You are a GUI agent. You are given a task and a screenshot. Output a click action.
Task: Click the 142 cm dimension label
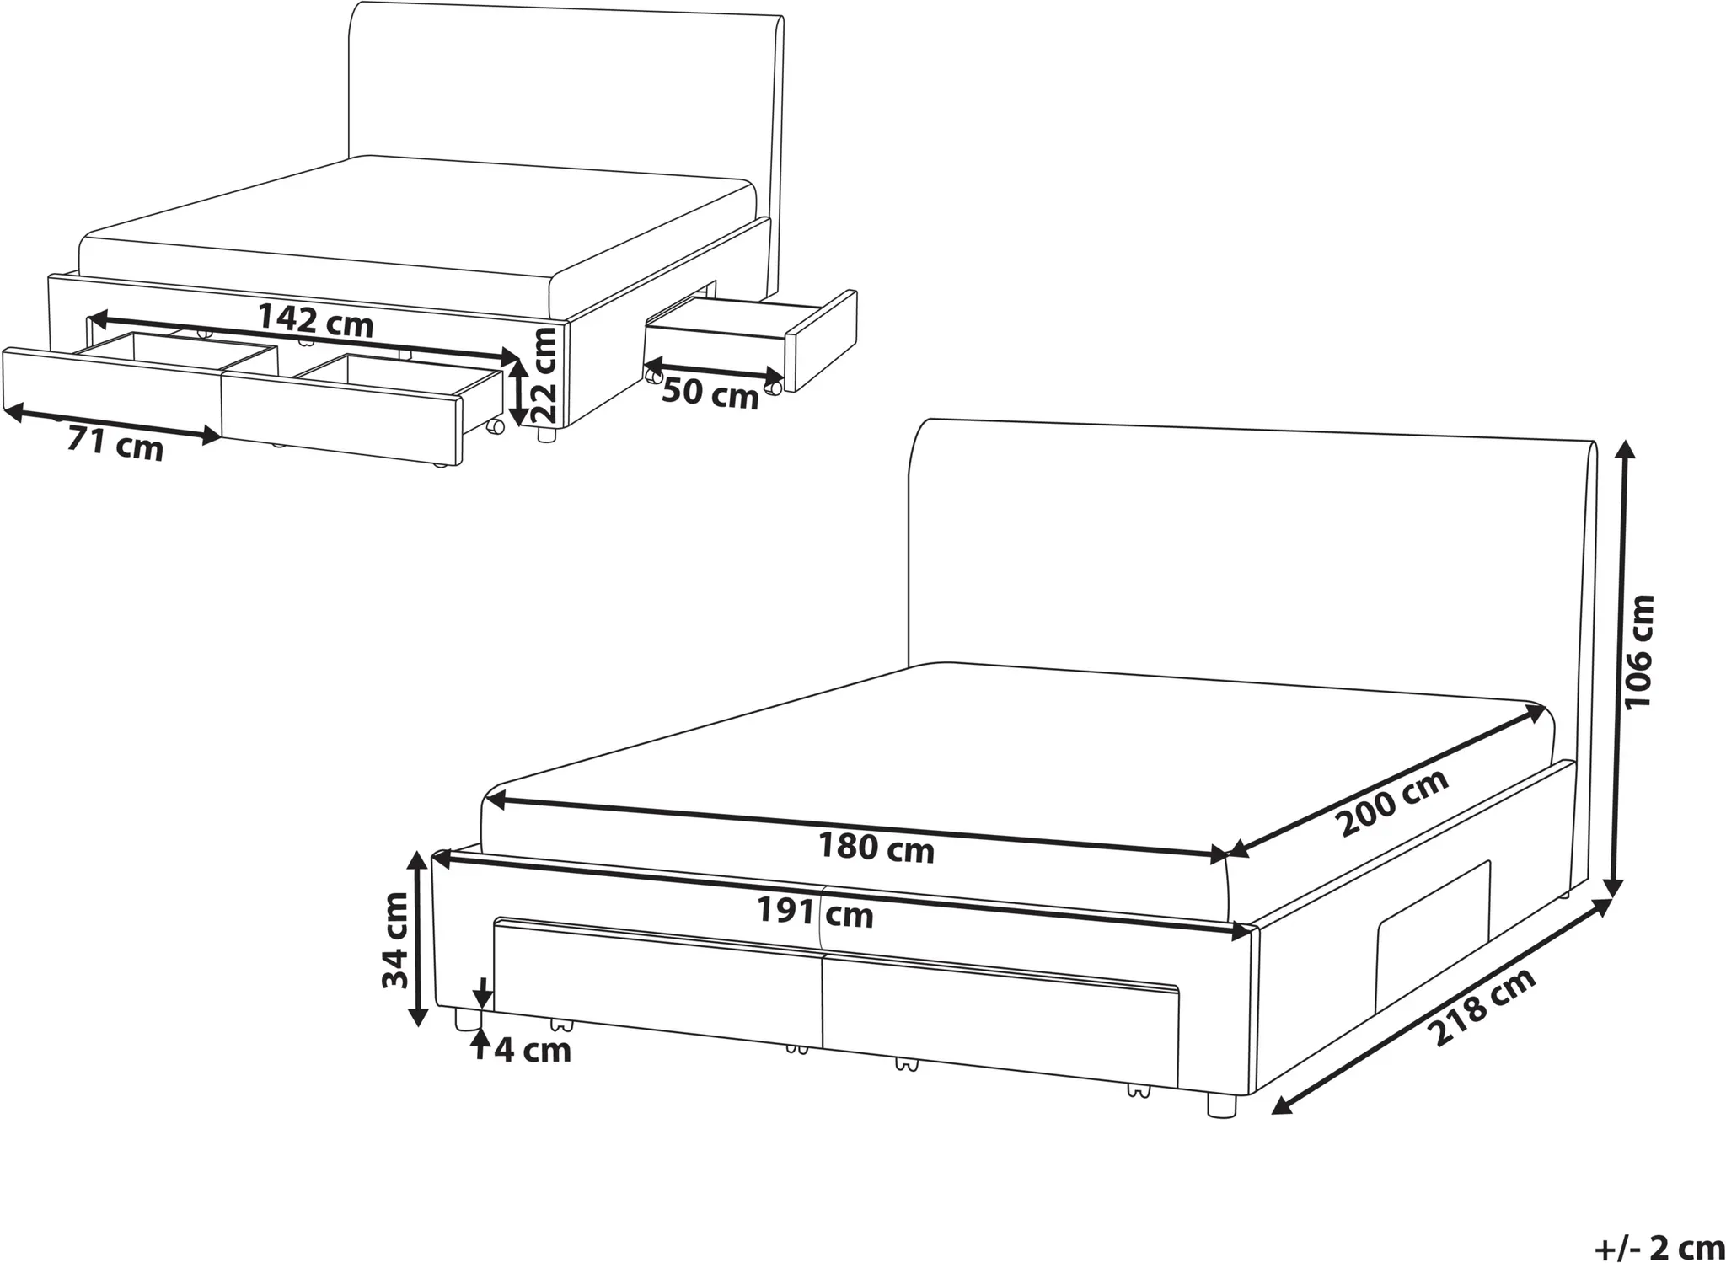coord(315,320)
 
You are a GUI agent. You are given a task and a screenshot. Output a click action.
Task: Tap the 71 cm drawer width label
coord(115,443)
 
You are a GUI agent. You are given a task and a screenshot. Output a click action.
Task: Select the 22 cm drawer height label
coord(545,376)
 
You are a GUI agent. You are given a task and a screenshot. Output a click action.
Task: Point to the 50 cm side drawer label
coord(710,393)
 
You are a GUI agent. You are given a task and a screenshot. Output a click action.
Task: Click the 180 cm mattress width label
coord(876,848)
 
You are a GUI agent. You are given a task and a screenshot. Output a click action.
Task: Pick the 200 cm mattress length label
coord(1394,802)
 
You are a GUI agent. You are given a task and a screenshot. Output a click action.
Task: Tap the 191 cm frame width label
coord(815,912)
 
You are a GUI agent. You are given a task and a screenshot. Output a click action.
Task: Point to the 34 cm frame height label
coord(395,940)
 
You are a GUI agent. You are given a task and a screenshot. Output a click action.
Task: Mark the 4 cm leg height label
coord(533,1051)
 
